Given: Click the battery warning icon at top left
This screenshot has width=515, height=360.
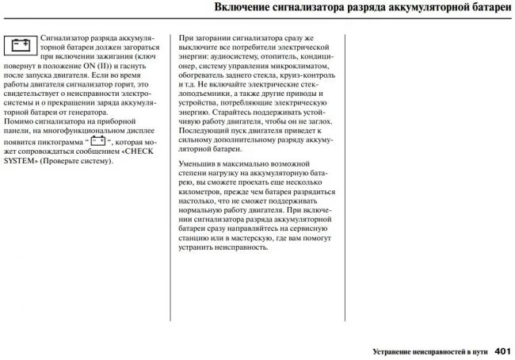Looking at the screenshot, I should pyautogui.click(x=20, y=45).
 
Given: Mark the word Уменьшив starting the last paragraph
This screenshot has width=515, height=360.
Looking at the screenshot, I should pyautogui.click(x=200, y=163).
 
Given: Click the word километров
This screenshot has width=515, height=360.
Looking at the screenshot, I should pyautogui.click(x=204, y=193).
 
